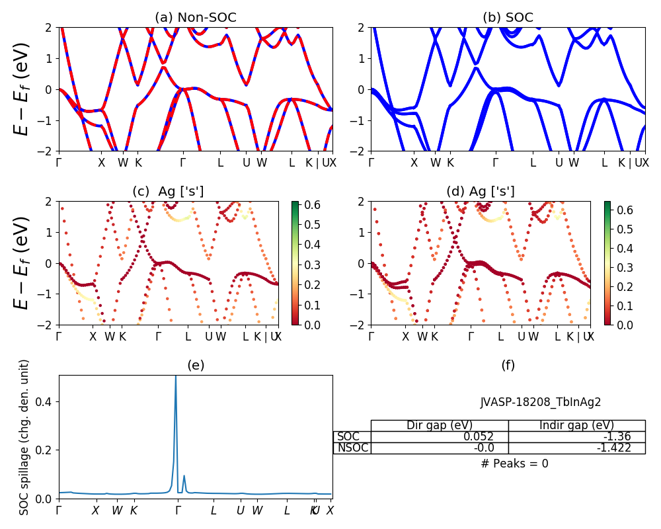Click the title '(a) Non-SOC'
coord(195,18)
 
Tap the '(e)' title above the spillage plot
coord(195,365)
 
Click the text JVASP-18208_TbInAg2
coord(540,402)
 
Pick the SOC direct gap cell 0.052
coord(440,436)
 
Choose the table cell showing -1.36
coord(577,436)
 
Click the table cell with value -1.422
coord(577,448)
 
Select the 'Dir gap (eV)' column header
coord(440,425)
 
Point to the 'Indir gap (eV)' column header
coord(577,425)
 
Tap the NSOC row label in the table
coord(352,448)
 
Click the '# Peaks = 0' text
coord(514,464)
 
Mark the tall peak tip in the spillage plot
coord(175,377)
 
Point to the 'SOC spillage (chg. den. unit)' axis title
coord(25,437)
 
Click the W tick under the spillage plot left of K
coord(117,510)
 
